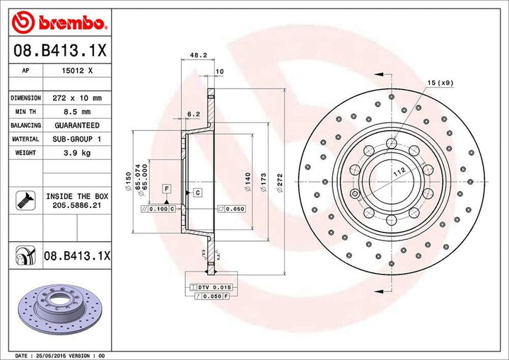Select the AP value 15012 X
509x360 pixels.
(78, 71)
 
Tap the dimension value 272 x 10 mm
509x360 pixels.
(78, 98)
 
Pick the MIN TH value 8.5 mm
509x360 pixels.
(78, 112)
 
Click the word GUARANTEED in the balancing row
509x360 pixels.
(78, 125)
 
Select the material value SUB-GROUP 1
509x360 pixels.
(78, 139)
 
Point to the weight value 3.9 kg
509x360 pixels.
(78, 153)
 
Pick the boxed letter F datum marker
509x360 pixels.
(166, 188)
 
